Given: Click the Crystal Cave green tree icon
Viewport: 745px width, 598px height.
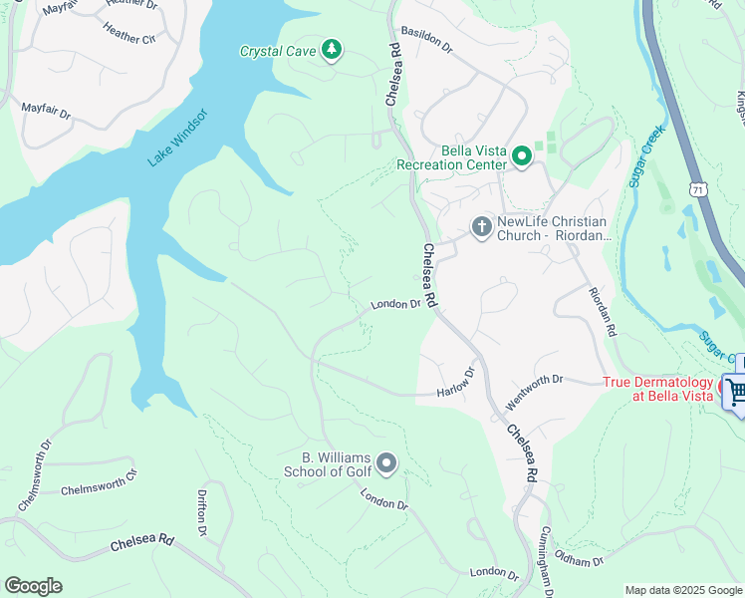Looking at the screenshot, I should pyautogui.click(x=332, y=50).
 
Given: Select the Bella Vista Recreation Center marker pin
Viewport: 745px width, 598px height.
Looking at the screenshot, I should pyautogui.click(x=521, y=156).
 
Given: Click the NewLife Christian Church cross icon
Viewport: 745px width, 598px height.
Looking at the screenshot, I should pyautogui.click(x=481, y=228).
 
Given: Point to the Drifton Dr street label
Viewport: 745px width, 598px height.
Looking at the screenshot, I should pyautogui.click(x=202, y=518).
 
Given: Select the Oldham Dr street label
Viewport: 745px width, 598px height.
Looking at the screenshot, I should pyautogui.click(x=579, y=560).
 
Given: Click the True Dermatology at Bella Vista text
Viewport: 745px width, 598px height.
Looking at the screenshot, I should pyautogui.click(x=658, y=389).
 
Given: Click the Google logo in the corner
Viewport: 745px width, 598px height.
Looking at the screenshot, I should pyautogui.click(x=33, y=586).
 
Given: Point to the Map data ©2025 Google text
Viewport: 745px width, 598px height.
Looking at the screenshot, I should pyautogui.click(x=682, y=590).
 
